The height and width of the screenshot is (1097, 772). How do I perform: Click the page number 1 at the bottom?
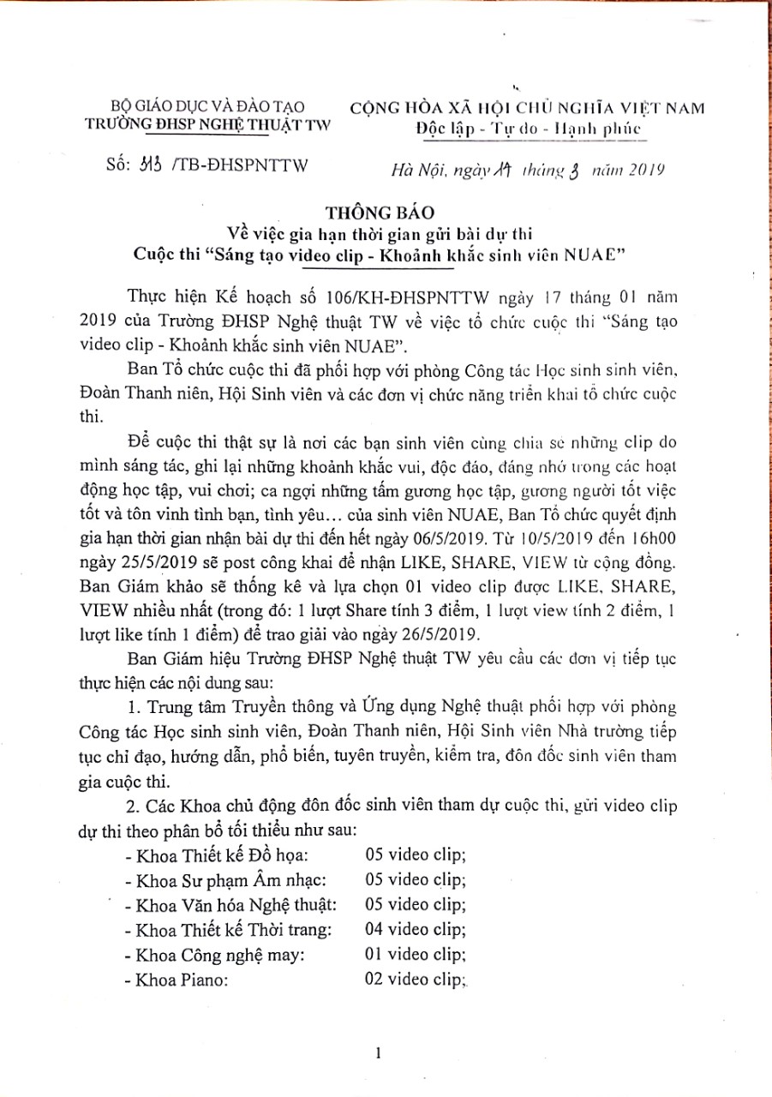tap(378, 1053)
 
